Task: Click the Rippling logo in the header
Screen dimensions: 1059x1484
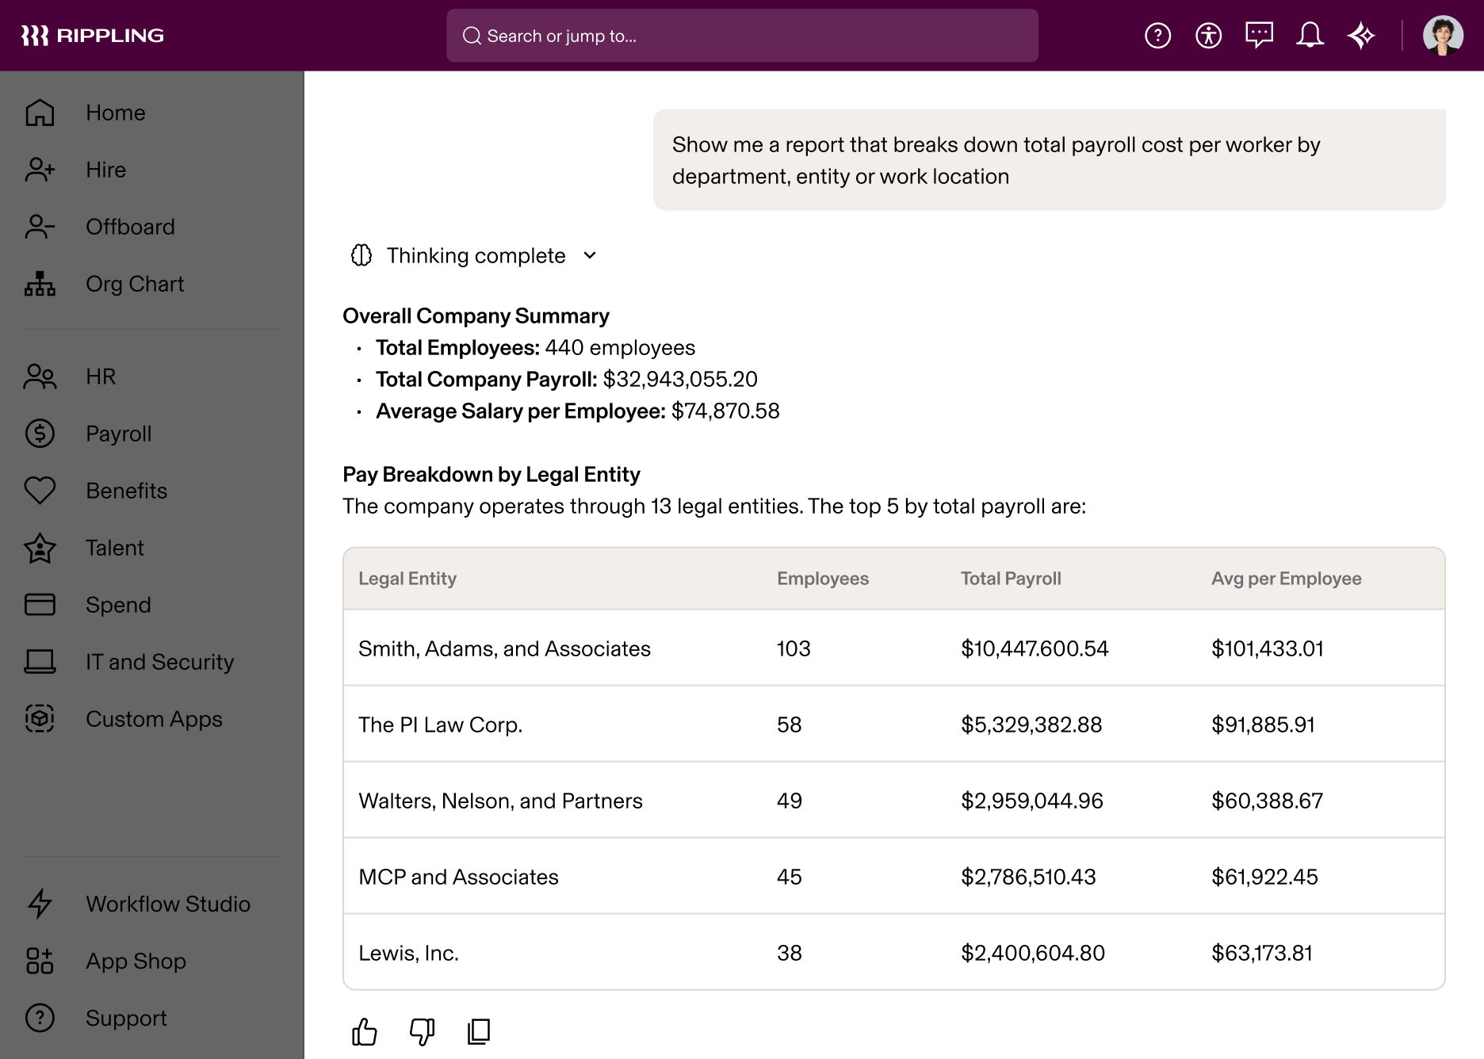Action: pyautogui.click(x=92, y=36)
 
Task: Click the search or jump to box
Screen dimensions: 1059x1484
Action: pyautogui.click(x=742, y=36)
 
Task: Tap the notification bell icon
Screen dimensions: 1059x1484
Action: pyautogui.click(x=1310, y=36)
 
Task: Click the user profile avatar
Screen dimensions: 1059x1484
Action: pyautogui.click(x=1443, y=36)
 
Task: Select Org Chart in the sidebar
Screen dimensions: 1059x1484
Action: pyautogui.click(x=134, y=284)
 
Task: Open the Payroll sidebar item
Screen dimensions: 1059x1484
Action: pyautogui.click(x=118, y=434)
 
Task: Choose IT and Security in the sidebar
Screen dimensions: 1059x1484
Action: pyautogui.click(x=159, y=662)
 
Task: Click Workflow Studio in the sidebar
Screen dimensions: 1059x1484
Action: pyautogui.click(x=167, y=904)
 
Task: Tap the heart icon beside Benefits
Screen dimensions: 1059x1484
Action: pyautogui.click(x=40, y=491)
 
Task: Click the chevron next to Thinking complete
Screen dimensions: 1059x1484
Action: pyautogui.click(x=590, y=255)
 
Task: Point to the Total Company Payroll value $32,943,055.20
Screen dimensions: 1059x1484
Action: pyautogui.click(x=679, y=380)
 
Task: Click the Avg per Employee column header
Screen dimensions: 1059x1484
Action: pyautogui.click(x=1286, y=579)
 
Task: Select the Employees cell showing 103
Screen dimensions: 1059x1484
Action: pyautogui.click(x=794, y=648)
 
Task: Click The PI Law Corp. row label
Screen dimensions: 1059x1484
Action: pyautogui.click(x=440, y=724)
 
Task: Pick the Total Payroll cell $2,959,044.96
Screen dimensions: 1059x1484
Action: pyautogui.click(x=1031, y=801)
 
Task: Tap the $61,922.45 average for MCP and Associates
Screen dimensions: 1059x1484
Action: pyautogui.click(x=1264, y=877)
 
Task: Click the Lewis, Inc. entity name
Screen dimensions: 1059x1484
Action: pyautogui.click(x=408, y=953)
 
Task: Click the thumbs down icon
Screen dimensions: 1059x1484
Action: pyautogui.click(x=422, y=1031)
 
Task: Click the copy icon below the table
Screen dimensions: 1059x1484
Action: pyautogui.click(x=479, y=1031)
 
